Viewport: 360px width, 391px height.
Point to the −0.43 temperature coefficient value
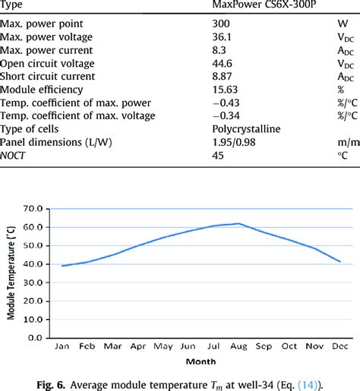coord(227,102)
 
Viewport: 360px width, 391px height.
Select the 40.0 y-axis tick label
coord(33,263)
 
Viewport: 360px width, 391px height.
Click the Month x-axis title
coord(200,361)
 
